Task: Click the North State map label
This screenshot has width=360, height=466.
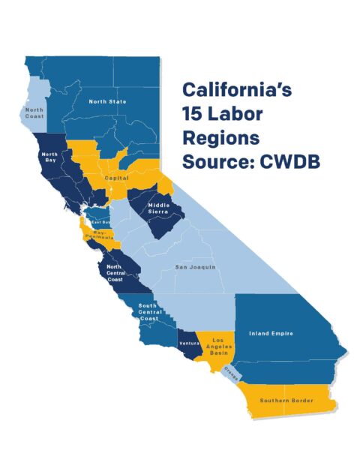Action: coord(108,101)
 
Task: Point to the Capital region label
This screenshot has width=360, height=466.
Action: coord(116,179)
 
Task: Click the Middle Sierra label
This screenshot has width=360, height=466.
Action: coord(159,209)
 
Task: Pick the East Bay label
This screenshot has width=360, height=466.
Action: coord(101,223)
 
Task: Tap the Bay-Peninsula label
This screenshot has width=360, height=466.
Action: coord(103,235)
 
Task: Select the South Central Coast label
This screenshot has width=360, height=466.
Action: coord(148,311)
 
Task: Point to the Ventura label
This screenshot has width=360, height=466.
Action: coord(188,343)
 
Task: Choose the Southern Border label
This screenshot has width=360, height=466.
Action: coord(286,401)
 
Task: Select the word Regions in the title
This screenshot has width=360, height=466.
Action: coord(220,139)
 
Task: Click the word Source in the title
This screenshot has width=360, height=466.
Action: coord(220,162)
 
